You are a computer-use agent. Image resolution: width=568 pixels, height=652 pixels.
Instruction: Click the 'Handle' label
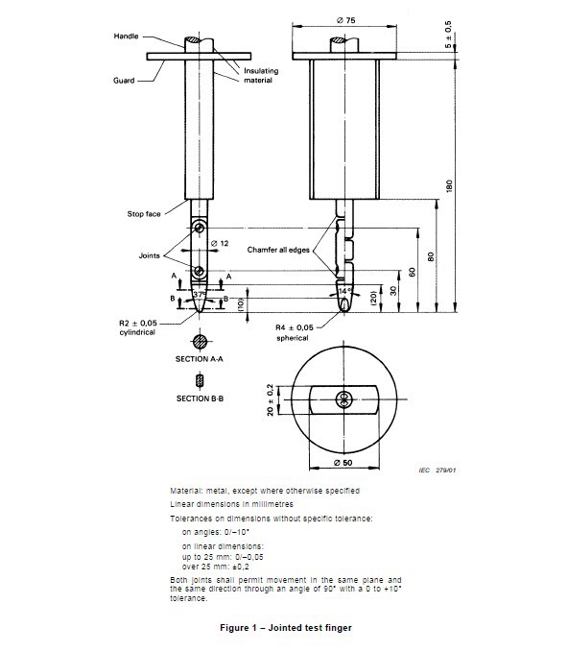coord(127,36)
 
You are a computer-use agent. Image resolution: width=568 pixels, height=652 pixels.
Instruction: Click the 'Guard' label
coord(122,82)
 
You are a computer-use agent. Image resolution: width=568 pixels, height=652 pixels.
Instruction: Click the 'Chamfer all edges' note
coord(279,250)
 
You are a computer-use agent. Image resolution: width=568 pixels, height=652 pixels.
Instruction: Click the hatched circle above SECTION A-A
coord(200,341)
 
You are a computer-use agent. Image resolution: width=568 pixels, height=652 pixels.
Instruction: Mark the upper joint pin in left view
coord(199,228)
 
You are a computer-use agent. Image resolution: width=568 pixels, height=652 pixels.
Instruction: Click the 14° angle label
coord(343,289)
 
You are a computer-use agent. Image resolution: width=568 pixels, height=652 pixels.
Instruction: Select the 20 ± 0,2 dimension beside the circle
coord(272,399)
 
